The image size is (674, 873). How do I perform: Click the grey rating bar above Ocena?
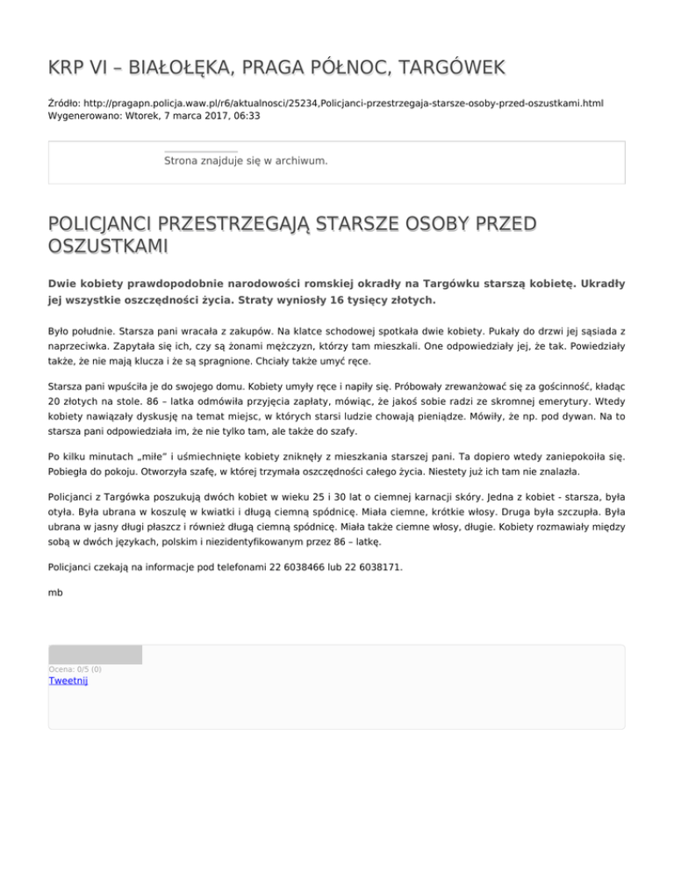95,654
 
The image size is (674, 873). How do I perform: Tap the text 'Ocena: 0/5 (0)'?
75,669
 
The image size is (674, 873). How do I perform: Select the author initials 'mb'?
54,592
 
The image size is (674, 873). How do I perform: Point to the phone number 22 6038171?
373,567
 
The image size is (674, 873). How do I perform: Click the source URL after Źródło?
341,103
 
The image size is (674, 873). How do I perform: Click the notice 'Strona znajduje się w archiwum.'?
246,161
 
